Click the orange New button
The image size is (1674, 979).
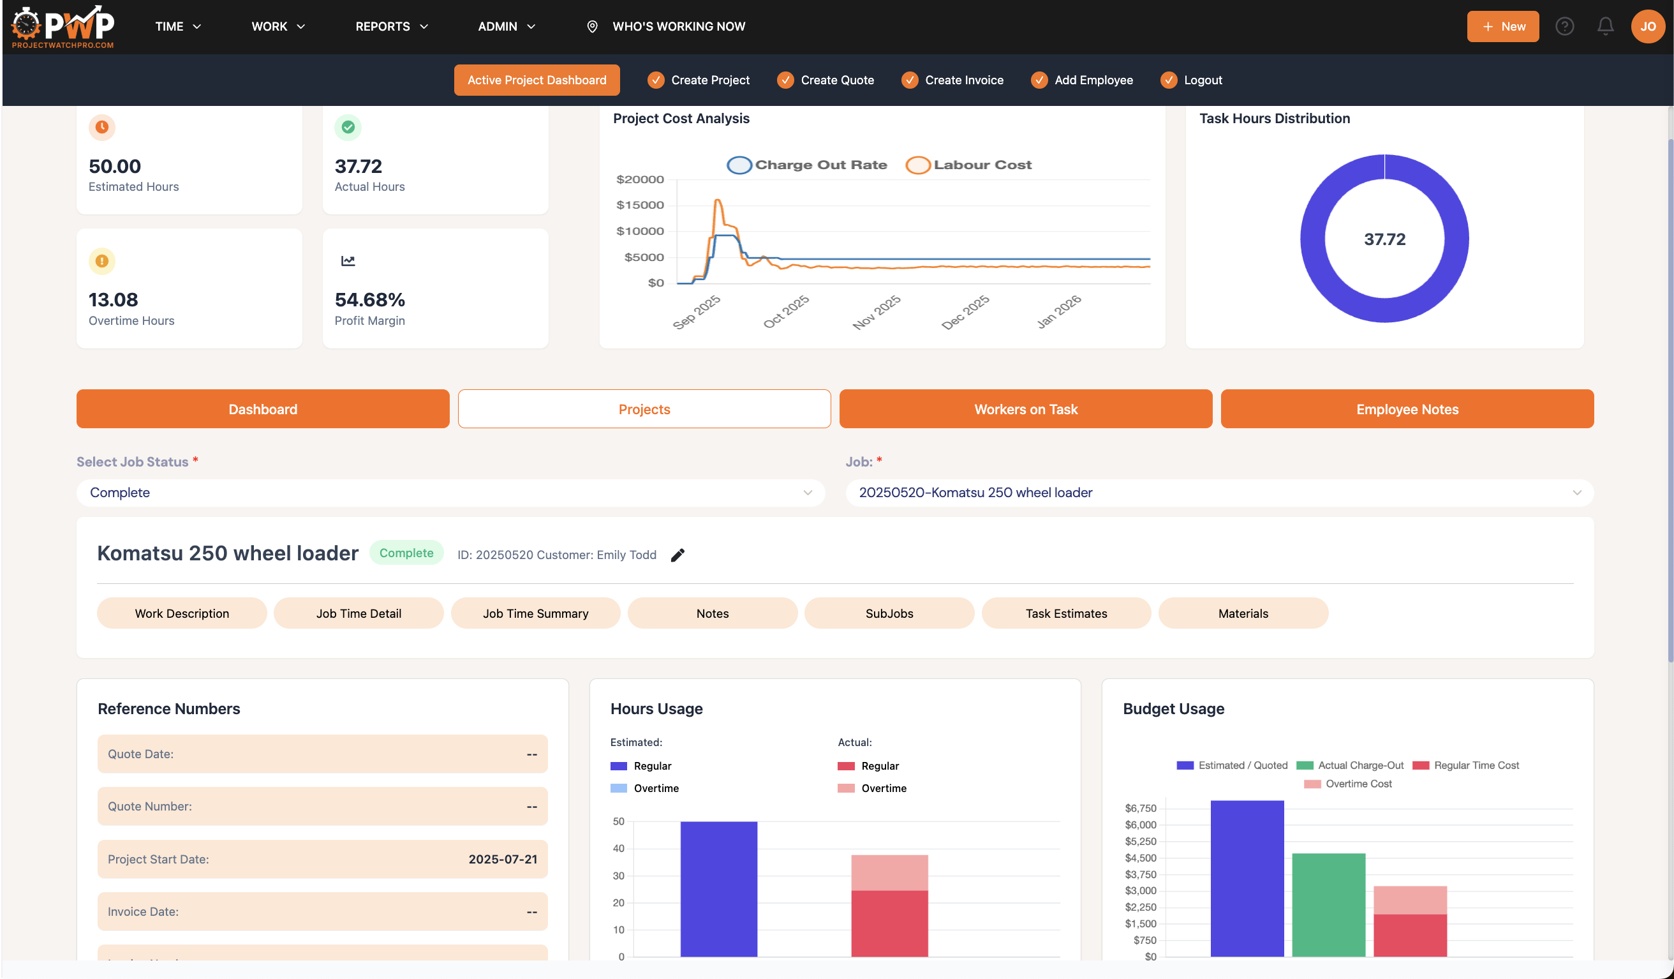1502,27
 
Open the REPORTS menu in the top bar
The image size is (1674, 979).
391,27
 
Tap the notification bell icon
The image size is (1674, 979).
1605,27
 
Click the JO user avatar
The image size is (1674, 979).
1647,27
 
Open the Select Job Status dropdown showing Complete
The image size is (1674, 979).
450,493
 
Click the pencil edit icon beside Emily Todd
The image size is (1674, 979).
677,555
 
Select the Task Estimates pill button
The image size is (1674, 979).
1065,613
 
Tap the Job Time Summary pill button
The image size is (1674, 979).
535,613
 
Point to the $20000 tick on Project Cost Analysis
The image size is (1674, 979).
640,179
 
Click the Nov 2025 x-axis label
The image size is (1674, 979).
876,311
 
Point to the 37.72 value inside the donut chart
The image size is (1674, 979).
1384,239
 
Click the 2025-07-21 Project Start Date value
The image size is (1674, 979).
502,859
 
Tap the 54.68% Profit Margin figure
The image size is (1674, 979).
369,300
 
